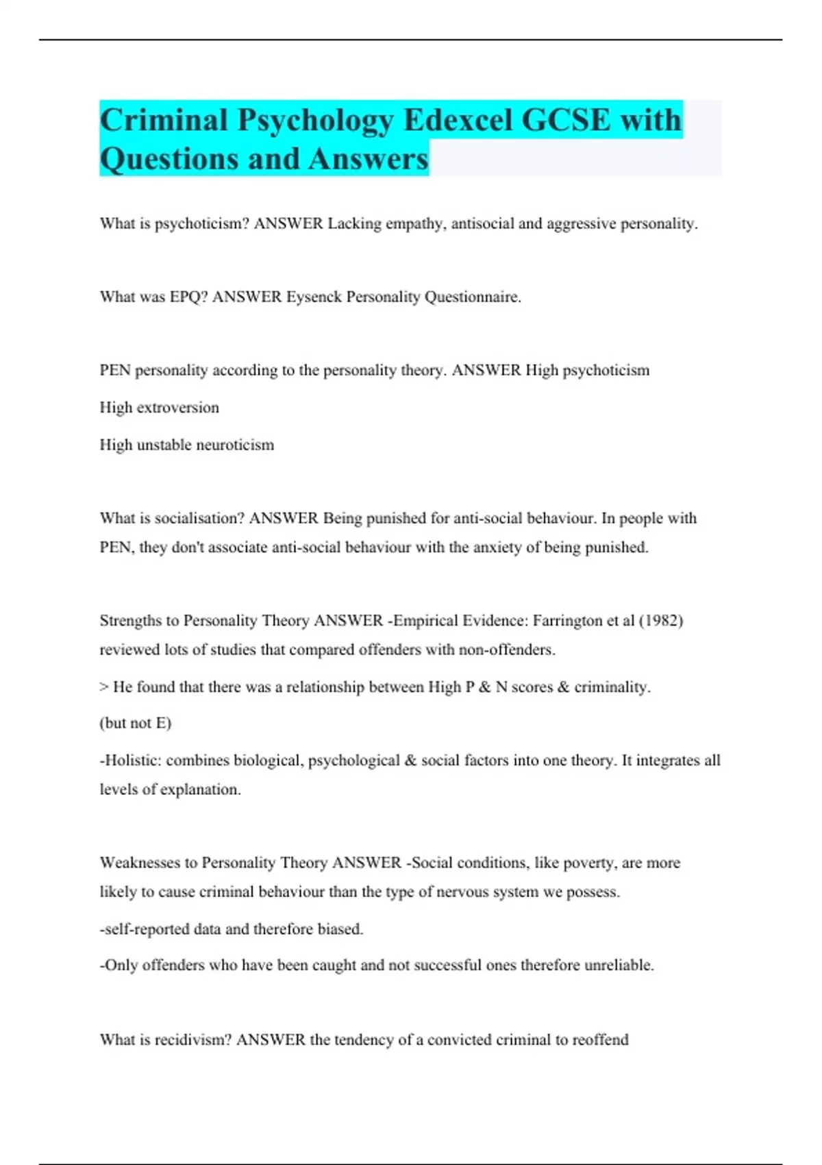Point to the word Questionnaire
point(473,297)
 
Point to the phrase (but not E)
point(136,723)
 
